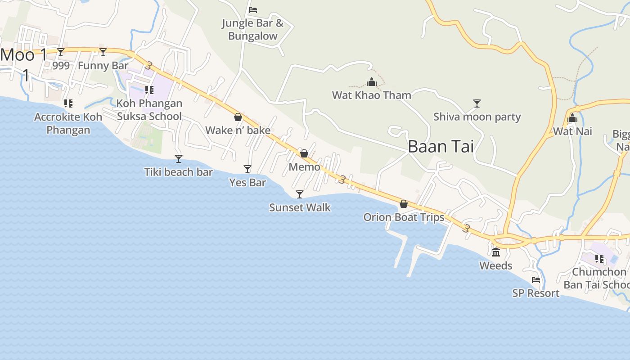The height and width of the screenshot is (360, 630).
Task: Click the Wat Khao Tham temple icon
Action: coord(372,82)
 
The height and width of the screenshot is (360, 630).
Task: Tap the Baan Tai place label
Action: coord(441,147)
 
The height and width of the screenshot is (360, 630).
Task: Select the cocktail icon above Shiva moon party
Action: coord(477,103)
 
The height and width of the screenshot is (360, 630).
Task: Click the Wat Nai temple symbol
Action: coord(572,118)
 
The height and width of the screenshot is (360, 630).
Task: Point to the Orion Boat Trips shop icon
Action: coord(404,204)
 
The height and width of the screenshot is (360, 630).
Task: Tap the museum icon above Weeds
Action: coord(496,252)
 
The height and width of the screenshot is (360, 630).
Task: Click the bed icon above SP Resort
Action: coord(535,280)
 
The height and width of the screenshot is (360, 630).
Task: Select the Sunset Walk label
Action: coord(300,207)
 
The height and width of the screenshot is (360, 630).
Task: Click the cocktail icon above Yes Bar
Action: coord(247,169)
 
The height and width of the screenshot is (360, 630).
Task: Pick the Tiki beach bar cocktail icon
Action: coord(179,158)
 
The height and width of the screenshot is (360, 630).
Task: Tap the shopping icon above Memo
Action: coord(304,153)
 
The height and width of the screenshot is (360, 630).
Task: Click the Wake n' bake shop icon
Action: coord(238,117)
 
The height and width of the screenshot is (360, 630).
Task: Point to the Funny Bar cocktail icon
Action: coord(103,52)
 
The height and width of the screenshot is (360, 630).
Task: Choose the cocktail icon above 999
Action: coord(61,52)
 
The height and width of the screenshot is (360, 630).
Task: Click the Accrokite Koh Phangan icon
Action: coord(68,103)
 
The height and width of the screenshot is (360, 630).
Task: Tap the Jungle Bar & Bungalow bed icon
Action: coord(253,9)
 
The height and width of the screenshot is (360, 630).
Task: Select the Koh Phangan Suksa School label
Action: coord(149,110)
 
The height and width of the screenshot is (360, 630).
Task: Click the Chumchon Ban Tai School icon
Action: coord(599,258)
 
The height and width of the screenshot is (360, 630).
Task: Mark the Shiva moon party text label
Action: coord(477,117)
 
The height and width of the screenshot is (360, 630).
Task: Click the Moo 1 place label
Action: coord(23,55)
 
